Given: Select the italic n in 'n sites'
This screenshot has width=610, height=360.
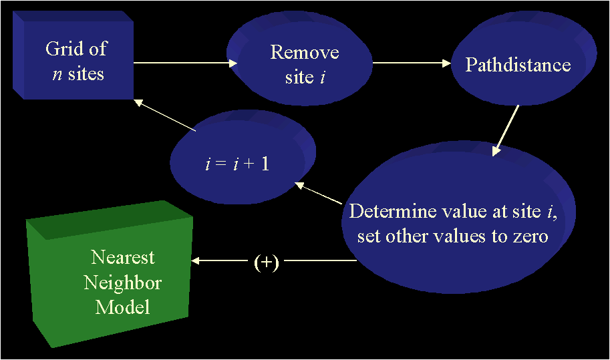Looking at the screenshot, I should tap(57, 73).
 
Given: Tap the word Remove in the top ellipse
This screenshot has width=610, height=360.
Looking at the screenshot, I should tap(305, 53).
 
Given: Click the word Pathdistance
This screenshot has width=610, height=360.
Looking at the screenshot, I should tap(518, 65).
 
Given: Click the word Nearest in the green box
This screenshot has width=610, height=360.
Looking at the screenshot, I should tap(123, 258).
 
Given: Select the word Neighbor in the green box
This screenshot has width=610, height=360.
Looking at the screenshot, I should tap(123, 283).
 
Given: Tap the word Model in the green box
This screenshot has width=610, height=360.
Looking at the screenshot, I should tap(123, 307).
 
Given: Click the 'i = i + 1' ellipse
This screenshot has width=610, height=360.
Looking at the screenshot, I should tap(241, 160).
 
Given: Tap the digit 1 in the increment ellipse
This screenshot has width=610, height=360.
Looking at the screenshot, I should tap(265, 163).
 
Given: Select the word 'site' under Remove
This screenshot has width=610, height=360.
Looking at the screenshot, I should tap(299, 77).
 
